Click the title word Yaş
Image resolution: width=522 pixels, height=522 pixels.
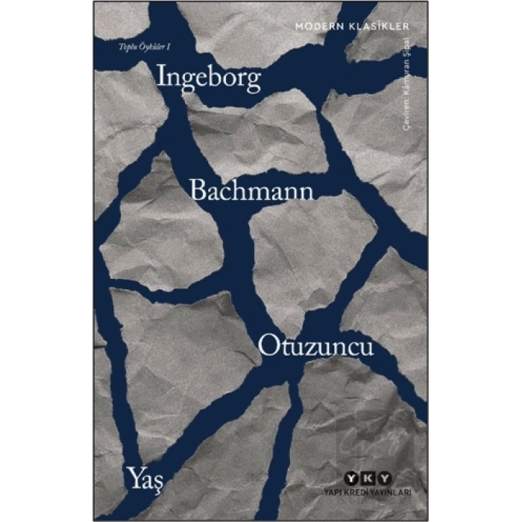pos(145,476)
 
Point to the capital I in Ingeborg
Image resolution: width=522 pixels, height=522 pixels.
pos(161,78)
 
